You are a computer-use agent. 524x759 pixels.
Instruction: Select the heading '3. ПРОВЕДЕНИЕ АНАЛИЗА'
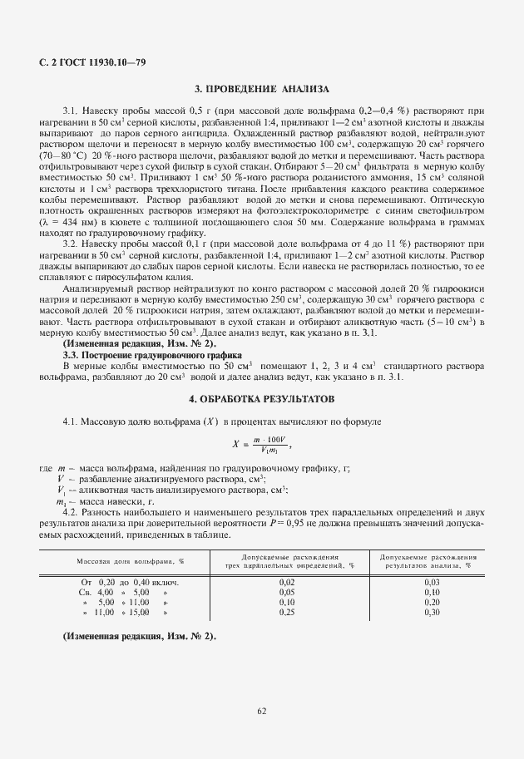pos(262,88)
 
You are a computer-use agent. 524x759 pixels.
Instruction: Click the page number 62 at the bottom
pos(262,711)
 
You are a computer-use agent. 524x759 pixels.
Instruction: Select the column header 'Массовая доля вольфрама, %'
pos(130,562)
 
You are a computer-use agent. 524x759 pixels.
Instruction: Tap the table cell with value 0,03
pos(431,582)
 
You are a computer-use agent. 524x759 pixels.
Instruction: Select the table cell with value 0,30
pos(431,612)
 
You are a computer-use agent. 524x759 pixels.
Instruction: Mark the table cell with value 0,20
pos(431,602)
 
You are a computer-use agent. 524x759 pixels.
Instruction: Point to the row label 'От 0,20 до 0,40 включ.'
pos(130,582)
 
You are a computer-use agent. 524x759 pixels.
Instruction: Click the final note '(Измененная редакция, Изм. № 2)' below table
pos(139,636)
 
